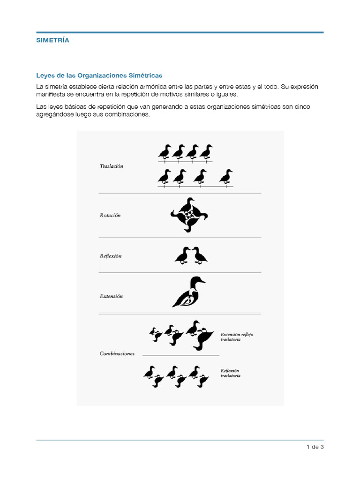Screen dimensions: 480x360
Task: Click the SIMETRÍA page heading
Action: tap(52, 40)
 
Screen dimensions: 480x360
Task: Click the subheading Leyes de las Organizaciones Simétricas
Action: tap(99, 75)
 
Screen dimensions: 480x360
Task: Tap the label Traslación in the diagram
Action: tap(112, 166)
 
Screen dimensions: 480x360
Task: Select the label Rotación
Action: tap(110, 216)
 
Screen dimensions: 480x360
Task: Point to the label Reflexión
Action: tap(111, 256)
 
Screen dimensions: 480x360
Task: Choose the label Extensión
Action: tap(111, 296)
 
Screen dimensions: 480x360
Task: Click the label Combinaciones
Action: tap(117, 354)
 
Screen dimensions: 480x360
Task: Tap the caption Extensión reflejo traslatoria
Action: tap(237, 337)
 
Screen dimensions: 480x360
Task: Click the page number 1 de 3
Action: tap(315, 447)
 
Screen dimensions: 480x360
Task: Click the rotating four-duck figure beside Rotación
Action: tap(188, 215)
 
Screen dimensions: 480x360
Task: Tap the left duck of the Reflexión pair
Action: tap(182, 255)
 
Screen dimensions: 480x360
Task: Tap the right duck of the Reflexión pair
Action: tap(200, 255)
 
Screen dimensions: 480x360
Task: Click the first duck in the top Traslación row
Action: tap(165, 152)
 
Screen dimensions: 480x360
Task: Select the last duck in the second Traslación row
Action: tap(226, 177)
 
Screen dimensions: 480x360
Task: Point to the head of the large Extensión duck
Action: tap(197, 281)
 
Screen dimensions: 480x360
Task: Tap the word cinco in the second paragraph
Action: tap(302, 107)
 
